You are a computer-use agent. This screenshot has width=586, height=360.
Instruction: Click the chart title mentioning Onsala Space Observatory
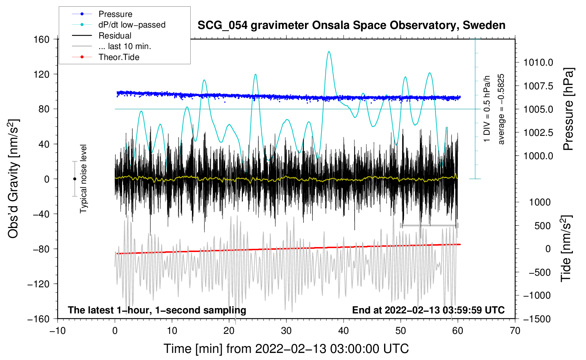(351, 25)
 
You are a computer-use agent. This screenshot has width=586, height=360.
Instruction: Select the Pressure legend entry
(115, 14)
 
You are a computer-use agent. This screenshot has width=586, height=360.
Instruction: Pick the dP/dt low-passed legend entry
(132, 25)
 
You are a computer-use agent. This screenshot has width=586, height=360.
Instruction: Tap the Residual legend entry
(115, 36)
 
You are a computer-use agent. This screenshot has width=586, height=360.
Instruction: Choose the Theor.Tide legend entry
(119, 57)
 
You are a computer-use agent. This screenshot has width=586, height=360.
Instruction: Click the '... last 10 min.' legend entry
(125, 46)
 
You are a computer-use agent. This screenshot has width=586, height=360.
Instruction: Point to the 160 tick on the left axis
(42, 39)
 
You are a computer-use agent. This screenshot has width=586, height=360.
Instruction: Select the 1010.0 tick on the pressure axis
(538, 62)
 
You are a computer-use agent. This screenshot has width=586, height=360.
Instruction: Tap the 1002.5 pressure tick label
(538, 133)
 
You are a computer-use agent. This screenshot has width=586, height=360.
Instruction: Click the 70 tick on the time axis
(515, 331)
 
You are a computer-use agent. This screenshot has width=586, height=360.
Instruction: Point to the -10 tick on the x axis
(58, 331)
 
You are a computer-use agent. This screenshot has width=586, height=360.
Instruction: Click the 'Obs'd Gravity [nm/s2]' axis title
(13, 179)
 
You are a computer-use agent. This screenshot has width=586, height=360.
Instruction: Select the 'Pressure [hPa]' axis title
(568, 109)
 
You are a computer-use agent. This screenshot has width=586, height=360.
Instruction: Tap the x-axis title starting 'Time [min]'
(286, 349)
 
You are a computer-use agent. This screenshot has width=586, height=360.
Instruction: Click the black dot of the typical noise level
(74, 179)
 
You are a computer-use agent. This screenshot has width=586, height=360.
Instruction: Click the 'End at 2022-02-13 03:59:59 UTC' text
(428, 310)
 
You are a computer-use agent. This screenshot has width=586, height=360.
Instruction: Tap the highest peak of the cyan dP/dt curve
(329, 52)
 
